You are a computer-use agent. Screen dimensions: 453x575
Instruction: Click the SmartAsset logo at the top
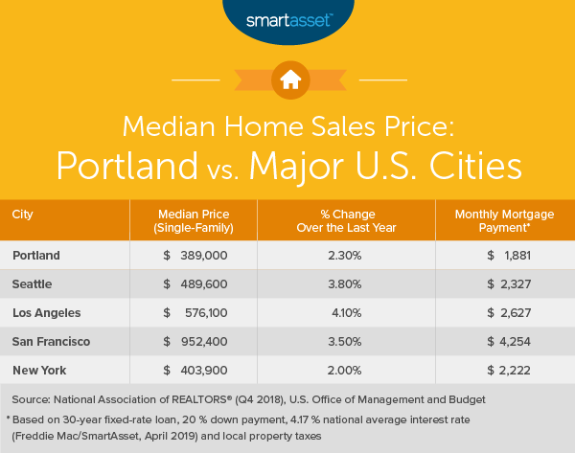pos(287,19)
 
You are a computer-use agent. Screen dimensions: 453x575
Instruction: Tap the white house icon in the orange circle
pos(287,80)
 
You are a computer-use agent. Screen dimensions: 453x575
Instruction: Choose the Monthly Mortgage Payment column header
pos(502,219)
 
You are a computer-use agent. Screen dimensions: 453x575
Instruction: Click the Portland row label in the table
pos(38,255)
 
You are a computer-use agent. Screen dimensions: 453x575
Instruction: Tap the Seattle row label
pos(34,283)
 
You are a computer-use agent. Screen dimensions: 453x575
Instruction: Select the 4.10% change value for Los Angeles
pos(346,311)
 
